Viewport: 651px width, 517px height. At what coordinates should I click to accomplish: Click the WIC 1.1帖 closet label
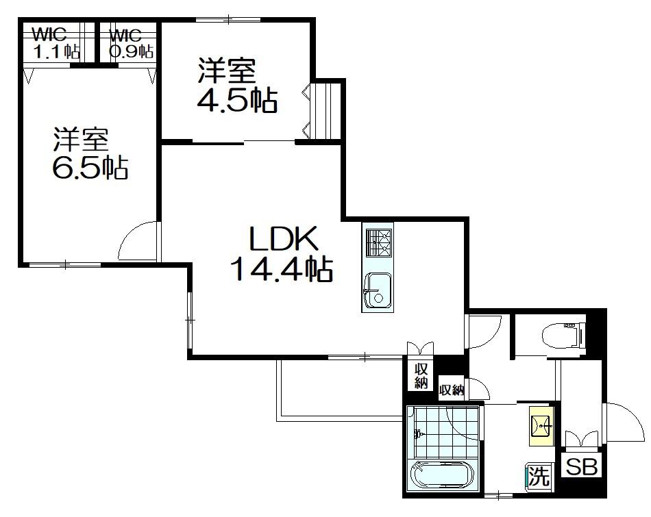[56, 43]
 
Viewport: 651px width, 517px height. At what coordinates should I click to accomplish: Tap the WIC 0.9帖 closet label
[131, 43]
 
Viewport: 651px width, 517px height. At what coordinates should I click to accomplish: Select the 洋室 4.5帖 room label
[236, 86]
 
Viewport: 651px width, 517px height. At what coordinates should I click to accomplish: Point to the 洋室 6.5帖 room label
[89, 153]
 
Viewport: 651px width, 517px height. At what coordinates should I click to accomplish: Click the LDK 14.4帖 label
[282, 253]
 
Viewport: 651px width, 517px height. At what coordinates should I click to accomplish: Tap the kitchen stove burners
[378, 242]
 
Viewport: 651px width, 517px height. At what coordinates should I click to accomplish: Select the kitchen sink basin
[377, 290]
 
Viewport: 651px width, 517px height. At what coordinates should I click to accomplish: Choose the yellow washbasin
[541, 425]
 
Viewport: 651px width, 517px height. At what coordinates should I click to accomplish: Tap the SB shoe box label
[581, 467]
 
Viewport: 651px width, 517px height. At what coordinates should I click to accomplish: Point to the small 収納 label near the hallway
[452, 390]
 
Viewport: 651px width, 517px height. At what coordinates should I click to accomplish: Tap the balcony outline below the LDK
[341, 418]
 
